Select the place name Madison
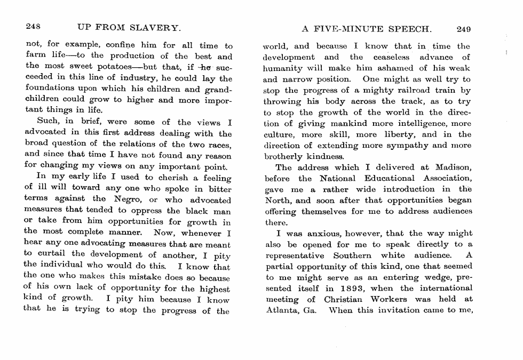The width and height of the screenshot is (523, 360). tap(453, 167)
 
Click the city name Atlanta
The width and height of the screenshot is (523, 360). tap(281, 310)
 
